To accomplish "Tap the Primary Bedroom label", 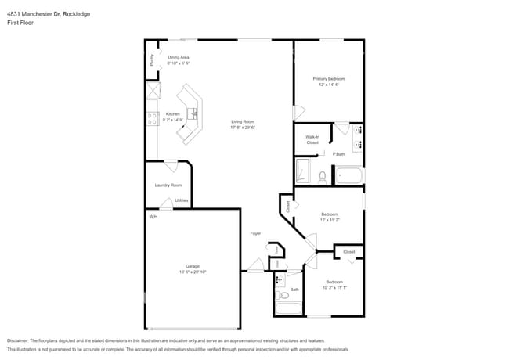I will tap(329, 79).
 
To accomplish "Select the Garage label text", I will tap(193, 266).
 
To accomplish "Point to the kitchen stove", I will tap(150, 119).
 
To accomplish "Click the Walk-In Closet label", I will tap(312, 140).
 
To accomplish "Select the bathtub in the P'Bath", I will tap(348, 175).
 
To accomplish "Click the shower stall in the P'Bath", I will tap(303, 171).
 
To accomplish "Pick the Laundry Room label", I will tap(168, 185).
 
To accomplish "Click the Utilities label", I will tap(182, 200).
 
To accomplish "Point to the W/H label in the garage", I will tap(153, 216).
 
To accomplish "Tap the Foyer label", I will tap(255, 234).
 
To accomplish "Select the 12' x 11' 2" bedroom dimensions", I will tap(329, 221).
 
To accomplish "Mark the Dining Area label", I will tap(179, 58).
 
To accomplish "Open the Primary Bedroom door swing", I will tap(298, 113).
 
